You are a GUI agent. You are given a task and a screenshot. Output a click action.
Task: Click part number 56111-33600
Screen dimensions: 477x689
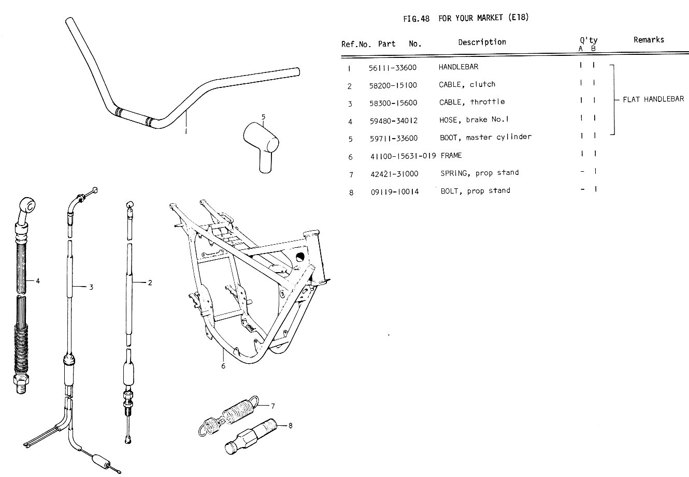coord(393,67)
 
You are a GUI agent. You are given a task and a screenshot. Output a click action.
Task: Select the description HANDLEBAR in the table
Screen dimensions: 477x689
coord(458,67)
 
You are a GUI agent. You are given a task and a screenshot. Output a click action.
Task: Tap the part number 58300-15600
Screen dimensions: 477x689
coord(393,103)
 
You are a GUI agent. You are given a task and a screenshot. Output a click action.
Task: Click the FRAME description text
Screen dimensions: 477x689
coord(451,155)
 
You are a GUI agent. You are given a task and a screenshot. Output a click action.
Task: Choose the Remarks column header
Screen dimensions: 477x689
coord(649,39)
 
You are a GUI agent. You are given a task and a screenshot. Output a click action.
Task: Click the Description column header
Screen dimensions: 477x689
coord(482,42)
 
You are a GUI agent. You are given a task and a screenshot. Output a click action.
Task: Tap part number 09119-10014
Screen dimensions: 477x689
coord(395,191)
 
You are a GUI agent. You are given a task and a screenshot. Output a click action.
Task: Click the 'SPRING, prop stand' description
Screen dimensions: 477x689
coord(479,173)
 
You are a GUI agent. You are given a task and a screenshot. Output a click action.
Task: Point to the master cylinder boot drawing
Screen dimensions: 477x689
coord(261,142)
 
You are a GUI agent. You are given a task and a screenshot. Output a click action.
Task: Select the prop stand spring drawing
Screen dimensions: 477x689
coord(229,413)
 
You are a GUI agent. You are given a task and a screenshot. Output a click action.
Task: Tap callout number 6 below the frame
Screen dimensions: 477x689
coord(223,366)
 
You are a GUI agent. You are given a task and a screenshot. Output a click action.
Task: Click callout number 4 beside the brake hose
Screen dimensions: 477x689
coord(38,281)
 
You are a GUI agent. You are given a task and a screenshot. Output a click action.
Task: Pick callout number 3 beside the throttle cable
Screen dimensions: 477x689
coord(91,287)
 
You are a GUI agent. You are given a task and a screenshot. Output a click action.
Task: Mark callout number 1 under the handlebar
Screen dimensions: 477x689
coord(186,131)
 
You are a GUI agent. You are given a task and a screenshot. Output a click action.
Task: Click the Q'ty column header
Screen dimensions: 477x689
coord(588,40)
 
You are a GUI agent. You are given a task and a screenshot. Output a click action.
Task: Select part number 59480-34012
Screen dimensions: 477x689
coord(394,121)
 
